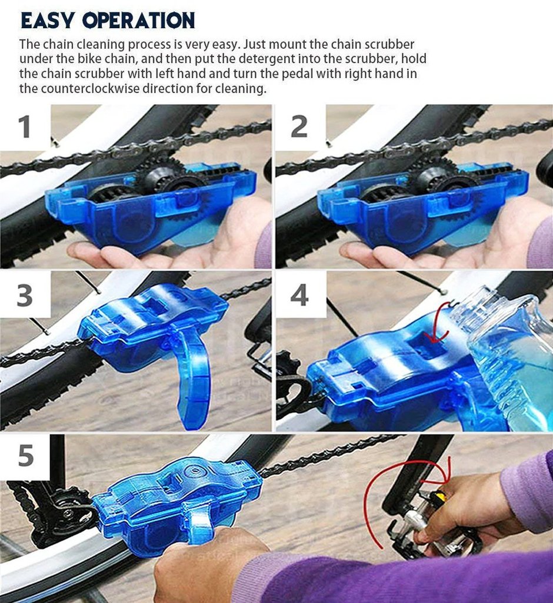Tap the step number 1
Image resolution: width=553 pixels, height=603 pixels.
tap(24, 127)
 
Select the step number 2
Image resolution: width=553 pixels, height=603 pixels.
tap(299, 127)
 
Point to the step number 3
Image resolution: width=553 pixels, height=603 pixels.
tap(25, 296)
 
